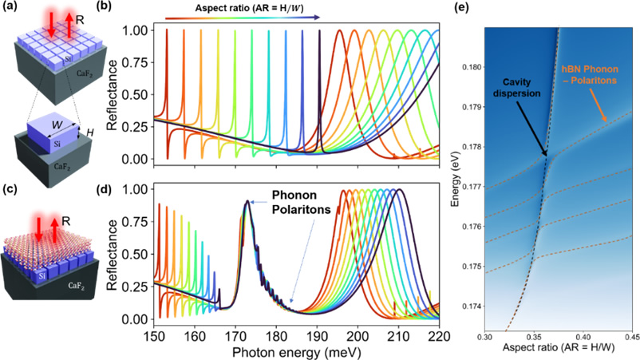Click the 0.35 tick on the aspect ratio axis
point(534,338)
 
